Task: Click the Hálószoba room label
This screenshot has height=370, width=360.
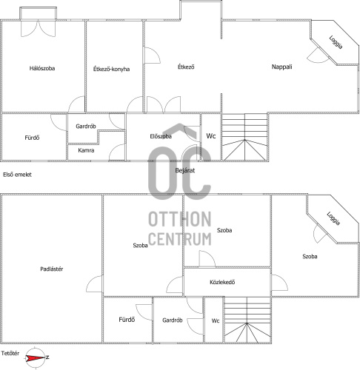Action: (x=42, y=68)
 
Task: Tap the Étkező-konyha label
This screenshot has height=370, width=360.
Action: (x=111, y=69)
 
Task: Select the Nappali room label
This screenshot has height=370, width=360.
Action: (x=281, y=67)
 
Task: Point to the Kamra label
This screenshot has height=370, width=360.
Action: (x=86, y=150)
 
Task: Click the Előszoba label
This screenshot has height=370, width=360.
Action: (x=161, y=136)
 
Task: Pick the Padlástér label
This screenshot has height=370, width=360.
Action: (x=52, y=269)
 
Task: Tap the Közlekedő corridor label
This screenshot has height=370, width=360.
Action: (x=222, y=282)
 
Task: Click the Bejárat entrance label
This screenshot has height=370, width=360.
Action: (x=185, y=170)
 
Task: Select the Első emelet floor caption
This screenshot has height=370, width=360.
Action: (x=17, y=175)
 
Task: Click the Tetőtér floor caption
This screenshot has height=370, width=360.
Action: (x=10, y=353)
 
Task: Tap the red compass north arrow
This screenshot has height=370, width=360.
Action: (x=36, y=357)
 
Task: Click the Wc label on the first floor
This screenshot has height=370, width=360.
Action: (x=211, y=136)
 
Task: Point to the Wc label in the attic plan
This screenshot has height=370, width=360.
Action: (x=216, y=320)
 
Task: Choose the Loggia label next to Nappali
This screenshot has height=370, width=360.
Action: (x=336, y=42)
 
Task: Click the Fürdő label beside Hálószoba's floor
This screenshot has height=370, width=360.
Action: (x=32, y=138)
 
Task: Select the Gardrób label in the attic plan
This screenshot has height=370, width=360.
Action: (x=173, y=320)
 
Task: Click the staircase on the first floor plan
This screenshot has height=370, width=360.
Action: (x=244, y=137)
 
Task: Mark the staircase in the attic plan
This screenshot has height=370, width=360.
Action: (x=247, y=320)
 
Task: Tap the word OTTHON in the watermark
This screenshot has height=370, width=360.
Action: (x=179, y=219)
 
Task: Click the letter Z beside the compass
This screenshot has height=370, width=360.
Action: (x=47, y=357)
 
